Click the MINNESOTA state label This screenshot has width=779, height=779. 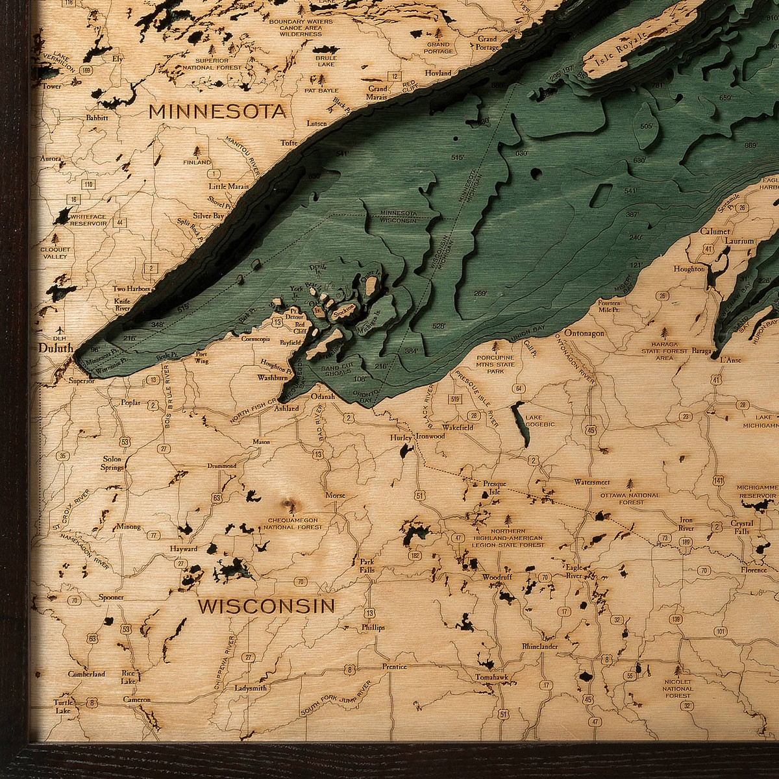(217, 112)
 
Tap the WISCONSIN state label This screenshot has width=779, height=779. (266, 606)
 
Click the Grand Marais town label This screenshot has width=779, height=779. (377, 93)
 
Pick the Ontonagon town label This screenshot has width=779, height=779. (584, 333)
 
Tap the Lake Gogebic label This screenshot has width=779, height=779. (540, 421)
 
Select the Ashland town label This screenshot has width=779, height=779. (286, 408)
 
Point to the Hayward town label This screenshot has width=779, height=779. (183, 549)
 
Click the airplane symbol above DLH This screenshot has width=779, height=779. (60, 328)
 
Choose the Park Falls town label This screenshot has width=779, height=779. (368, 565)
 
